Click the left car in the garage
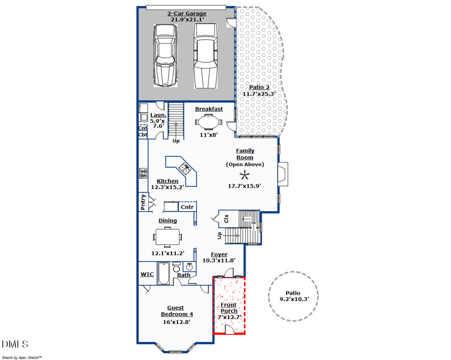click(166, 56)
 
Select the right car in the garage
click(205, 56)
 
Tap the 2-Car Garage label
click(186, 14)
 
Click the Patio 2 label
click(259, 87)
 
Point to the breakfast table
click(208, 122)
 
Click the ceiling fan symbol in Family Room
click(245, 175)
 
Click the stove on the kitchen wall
click(143, 173)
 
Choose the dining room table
click(168, 235)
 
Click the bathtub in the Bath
click(164, 273)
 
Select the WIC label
click(147, 274)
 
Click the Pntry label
click(143, 203)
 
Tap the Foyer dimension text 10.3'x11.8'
click(218, 260)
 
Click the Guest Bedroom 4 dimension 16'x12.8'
click(176, 322)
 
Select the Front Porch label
click(229, 308)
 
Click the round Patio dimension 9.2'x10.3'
click(294, 299)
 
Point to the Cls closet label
click(226, 218)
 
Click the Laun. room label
click(158, 116)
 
